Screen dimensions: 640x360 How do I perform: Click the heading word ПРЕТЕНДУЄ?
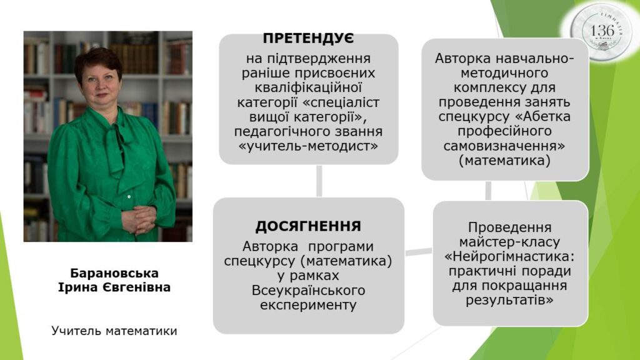308,38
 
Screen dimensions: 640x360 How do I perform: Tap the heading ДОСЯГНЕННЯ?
308,226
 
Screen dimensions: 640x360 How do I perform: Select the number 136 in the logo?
602,31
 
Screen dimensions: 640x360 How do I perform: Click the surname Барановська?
114,273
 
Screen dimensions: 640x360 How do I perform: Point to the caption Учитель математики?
114,331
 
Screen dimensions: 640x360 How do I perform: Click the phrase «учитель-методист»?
308,146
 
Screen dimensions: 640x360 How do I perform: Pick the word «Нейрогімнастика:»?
509,257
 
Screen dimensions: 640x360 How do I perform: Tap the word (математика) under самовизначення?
505,161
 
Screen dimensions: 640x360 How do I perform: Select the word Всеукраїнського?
308,290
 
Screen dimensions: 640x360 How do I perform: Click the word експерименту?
308,305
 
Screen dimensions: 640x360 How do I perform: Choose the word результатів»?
509,301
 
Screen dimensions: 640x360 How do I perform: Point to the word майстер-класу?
509,242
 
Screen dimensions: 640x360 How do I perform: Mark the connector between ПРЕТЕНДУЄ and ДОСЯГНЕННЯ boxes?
319,181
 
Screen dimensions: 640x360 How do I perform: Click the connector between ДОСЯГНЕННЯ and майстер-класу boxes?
419,252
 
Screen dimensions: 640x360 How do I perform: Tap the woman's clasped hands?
139,219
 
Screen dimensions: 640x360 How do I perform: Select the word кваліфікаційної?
308,87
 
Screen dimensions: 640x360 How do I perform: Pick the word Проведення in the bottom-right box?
509,227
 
